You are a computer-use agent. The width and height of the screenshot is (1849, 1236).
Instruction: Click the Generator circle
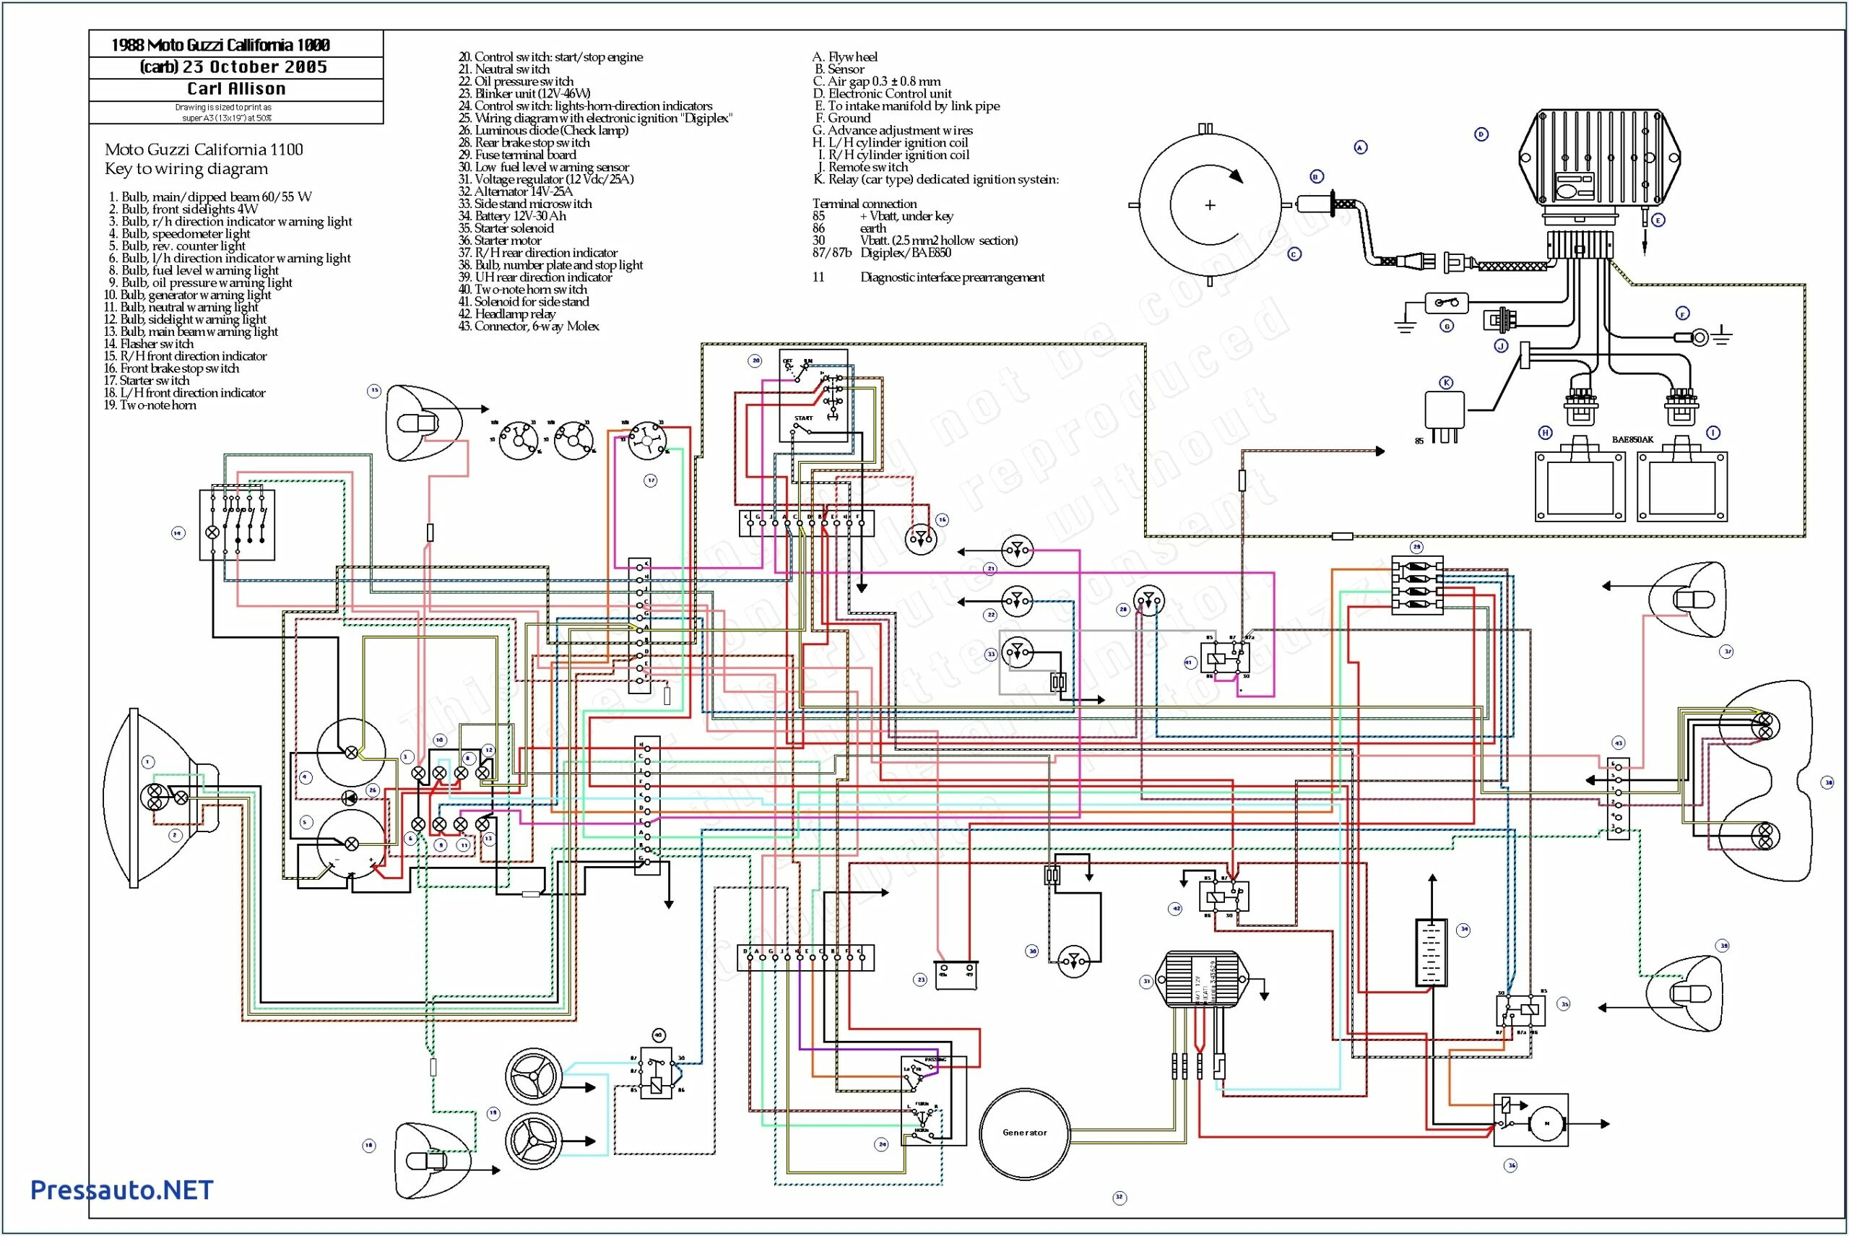[1025, 1132]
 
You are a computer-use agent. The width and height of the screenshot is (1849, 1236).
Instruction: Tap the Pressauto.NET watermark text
[121, 1190]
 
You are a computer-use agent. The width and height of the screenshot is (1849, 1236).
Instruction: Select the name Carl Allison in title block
[235, 89]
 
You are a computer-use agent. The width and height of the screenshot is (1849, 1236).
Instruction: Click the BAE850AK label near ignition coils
[1632, 440]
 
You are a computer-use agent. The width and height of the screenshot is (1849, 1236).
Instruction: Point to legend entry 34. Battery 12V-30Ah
[520, 216]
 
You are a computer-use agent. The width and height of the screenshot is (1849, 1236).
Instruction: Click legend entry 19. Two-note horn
[150, 405]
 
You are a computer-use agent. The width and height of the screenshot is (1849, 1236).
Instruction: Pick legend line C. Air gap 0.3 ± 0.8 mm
[876, 81]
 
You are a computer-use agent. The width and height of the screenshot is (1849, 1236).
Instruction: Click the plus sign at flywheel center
[1210, 205]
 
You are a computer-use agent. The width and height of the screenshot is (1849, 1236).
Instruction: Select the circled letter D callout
[1481, 135]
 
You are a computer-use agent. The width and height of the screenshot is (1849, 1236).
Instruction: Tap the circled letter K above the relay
[1446, 383]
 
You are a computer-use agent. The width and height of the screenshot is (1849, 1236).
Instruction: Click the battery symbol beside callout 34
[1432, 952]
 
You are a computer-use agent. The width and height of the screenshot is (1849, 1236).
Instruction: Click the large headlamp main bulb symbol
[155, 797]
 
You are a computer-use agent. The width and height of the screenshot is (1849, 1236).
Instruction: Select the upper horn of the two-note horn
[534, 1076]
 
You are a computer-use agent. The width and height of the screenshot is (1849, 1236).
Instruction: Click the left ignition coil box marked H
[1580, 486]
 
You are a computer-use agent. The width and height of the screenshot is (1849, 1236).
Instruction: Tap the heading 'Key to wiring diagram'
[186, 169]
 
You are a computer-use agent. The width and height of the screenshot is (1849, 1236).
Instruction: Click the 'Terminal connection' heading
[864, 204]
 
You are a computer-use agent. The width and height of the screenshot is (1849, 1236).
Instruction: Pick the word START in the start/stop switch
[803, 418]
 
